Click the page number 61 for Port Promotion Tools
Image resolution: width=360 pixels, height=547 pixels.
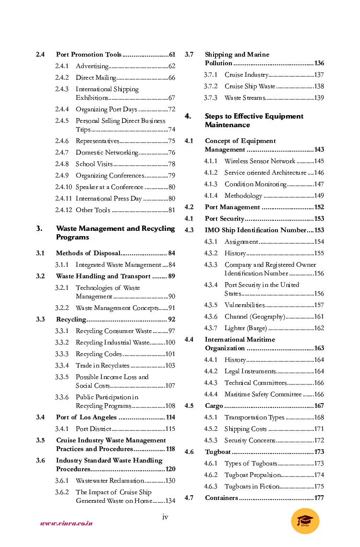coord(172,55)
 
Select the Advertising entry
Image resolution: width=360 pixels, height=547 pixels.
coord(92,66)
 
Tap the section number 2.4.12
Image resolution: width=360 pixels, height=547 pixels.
coord(63,210)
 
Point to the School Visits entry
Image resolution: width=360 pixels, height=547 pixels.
coord(94,164)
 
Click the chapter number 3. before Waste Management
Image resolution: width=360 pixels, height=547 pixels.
coord(40,228)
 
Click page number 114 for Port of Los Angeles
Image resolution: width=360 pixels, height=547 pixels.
coord(170,417)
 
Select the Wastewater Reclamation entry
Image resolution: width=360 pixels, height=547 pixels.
coord(110,481)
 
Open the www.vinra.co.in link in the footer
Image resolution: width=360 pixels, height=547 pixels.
coord(66,523)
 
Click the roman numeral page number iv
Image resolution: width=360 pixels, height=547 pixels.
coord(165,517)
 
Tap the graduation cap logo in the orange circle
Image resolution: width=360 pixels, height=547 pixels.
coord(305,521)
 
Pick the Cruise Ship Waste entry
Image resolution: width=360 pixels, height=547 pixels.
coord(250,86)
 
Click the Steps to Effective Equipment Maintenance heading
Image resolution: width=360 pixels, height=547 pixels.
coord(254,120)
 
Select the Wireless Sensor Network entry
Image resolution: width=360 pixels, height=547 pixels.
coord(260,161)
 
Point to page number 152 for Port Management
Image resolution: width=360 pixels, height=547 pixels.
coord(319,207)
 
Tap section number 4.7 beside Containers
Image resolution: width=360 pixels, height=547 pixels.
coord(189,498)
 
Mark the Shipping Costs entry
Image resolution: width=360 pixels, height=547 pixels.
coord(245,429)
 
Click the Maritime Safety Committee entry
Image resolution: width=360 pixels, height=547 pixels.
coord(263,394)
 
